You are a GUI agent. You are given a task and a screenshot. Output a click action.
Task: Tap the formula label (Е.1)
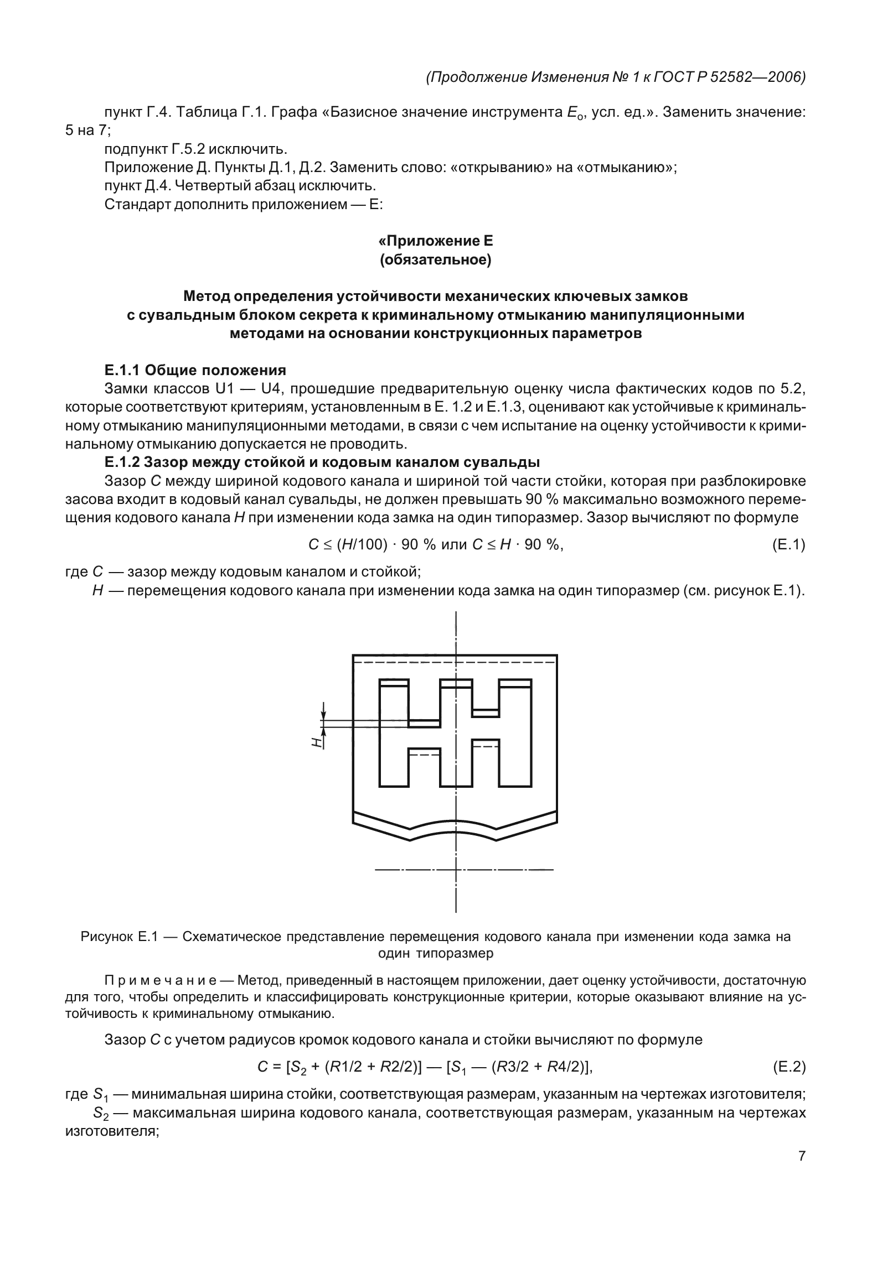[x=788, y=545]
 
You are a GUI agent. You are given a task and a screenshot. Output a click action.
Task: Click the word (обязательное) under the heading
[x=435, y=259]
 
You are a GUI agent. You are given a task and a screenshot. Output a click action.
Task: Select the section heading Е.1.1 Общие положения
[x=195, y=370]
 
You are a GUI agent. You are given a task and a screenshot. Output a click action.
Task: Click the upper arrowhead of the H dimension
[x=324, y=714]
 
